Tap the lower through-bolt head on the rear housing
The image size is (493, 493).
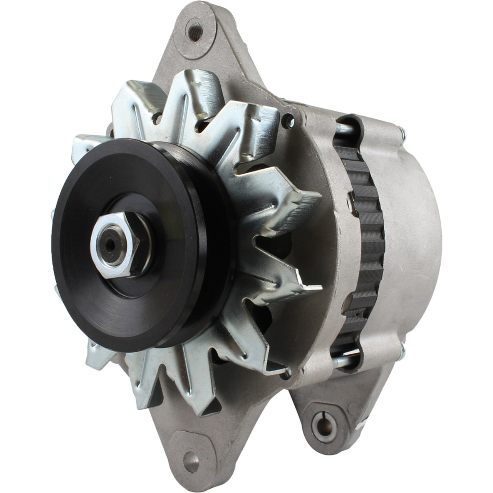tap(403, 349)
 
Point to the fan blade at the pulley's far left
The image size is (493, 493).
tap(83, 146)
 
